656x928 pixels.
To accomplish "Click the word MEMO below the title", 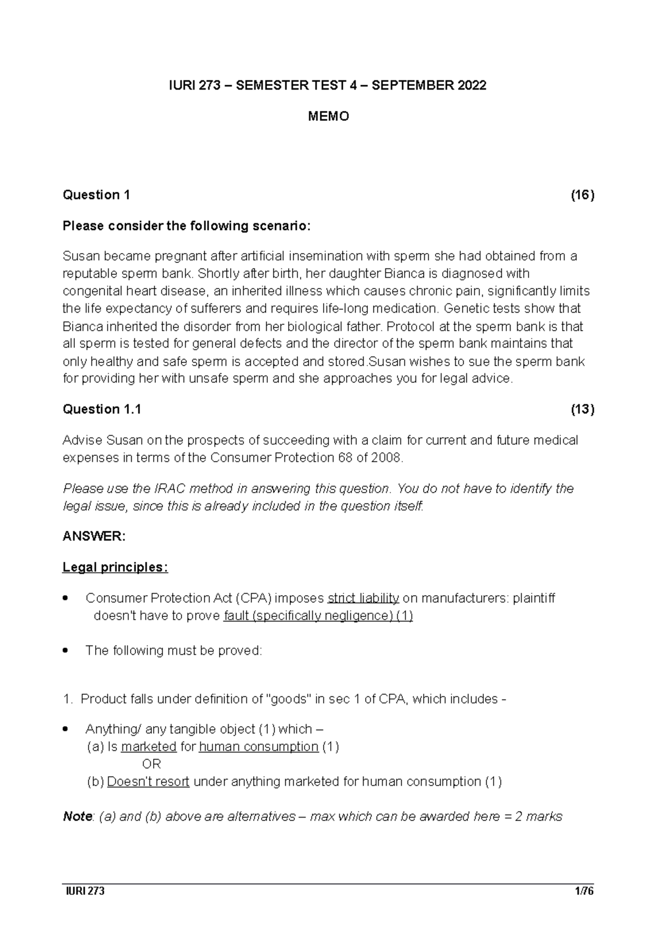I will pyautogui.click(x=328, y=116).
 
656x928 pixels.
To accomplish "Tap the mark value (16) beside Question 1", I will pyautogui.click(x=582, y=195).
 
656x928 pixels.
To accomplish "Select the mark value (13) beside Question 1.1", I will pyautogui.click(x=582, y=409).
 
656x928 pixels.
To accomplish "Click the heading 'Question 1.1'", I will pyautogui.click(x=102, y=409).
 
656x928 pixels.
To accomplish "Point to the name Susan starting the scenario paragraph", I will pyautogui.click(x=79, y=256).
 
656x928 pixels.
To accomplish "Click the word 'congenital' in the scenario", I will pyautogui.click(x=89, y=291).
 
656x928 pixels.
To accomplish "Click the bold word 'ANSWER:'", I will pyautogui.click(x=94, y=537).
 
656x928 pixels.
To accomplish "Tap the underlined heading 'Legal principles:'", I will pyautogui.click(x=115, y=567).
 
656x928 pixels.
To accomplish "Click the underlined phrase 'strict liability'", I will pyautogui.click(x=363, y=598).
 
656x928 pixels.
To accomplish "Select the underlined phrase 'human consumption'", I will pyautogui.click(x=259, y=747).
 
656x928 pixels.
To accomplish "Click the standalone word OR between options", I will pyautogui.click(x=151, y=764).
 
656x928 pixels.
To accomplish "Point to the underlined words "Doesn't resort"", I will pyautogui.click(x=148, y=782).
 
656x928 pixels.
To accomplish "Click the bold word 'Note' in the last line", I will pyautogui.click(x=77, y=817).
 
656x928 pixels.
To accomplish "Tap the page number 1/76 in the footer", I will pyautogui.click(x=584, y=892).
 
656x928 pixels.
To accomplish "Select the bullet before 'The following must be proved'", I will pyautogui.click(x=66, y=651).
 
